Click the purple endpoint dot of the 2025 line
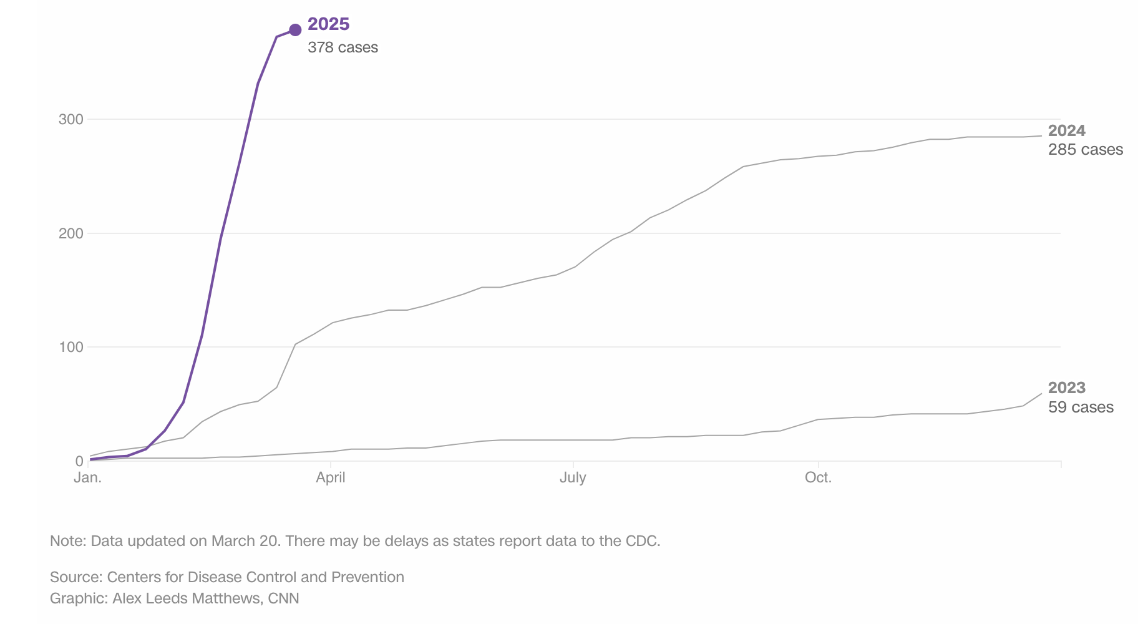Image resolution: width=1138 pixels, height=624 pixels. (296, 30)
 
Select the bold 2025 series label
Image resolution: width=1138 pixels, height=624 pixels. (328, 24)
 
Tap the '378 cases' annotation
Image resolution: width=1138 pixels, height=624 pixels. (343, 47)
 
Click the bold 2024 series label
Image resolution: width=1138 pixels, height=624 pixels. (1066, 131)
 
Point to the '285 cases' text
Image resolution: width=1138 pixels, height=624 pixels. (1085, 150)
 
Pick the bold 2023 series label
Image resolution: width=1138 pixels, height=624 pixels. (1066, 388)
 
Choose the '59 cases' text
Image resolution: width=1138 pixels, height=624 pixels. (1081, 407)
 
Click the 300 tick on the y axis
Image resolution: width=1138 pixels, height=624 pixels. (71, 119)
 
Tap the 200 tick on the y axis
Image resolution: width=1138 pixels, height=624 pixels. (71, 233)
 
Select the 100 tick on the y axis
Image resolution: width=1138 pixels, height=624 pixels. (71, 347)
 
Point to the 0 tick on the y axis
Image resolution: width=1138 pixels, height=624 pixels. (79, 461)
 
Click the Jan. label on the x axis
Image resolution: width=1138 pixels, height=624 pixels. (87, 478)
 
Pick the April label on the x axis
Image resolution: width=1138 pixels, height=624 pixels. (331, 478)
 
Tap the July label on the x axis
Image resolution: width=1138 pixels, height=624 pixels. (573, 478)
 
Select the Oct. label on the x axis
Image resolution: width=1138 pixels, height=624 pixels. (818, 478)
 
